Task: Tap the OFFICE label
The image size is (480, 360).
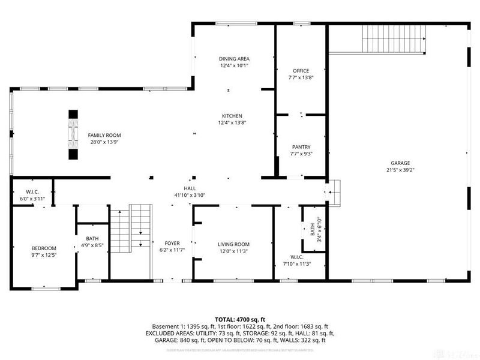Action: (301, 71)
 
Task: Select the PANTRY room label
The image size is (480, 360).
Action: (301, 147)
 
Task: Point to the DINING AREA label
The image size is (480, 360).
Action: (233, 59)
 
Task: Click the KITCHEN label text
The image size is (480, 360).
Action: (232, 116)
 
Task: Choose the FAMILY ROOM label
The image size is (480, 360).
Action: (100, 135)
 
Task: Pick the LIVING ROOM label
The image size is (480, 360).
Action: (233, 244)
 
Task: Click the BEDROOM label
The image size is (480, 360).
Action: (44, 248)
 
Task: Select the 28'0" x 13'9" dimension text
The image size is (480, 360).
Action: (100, 142)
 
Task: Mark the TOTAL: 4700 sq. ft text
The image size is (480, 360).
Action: (240, 319)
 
